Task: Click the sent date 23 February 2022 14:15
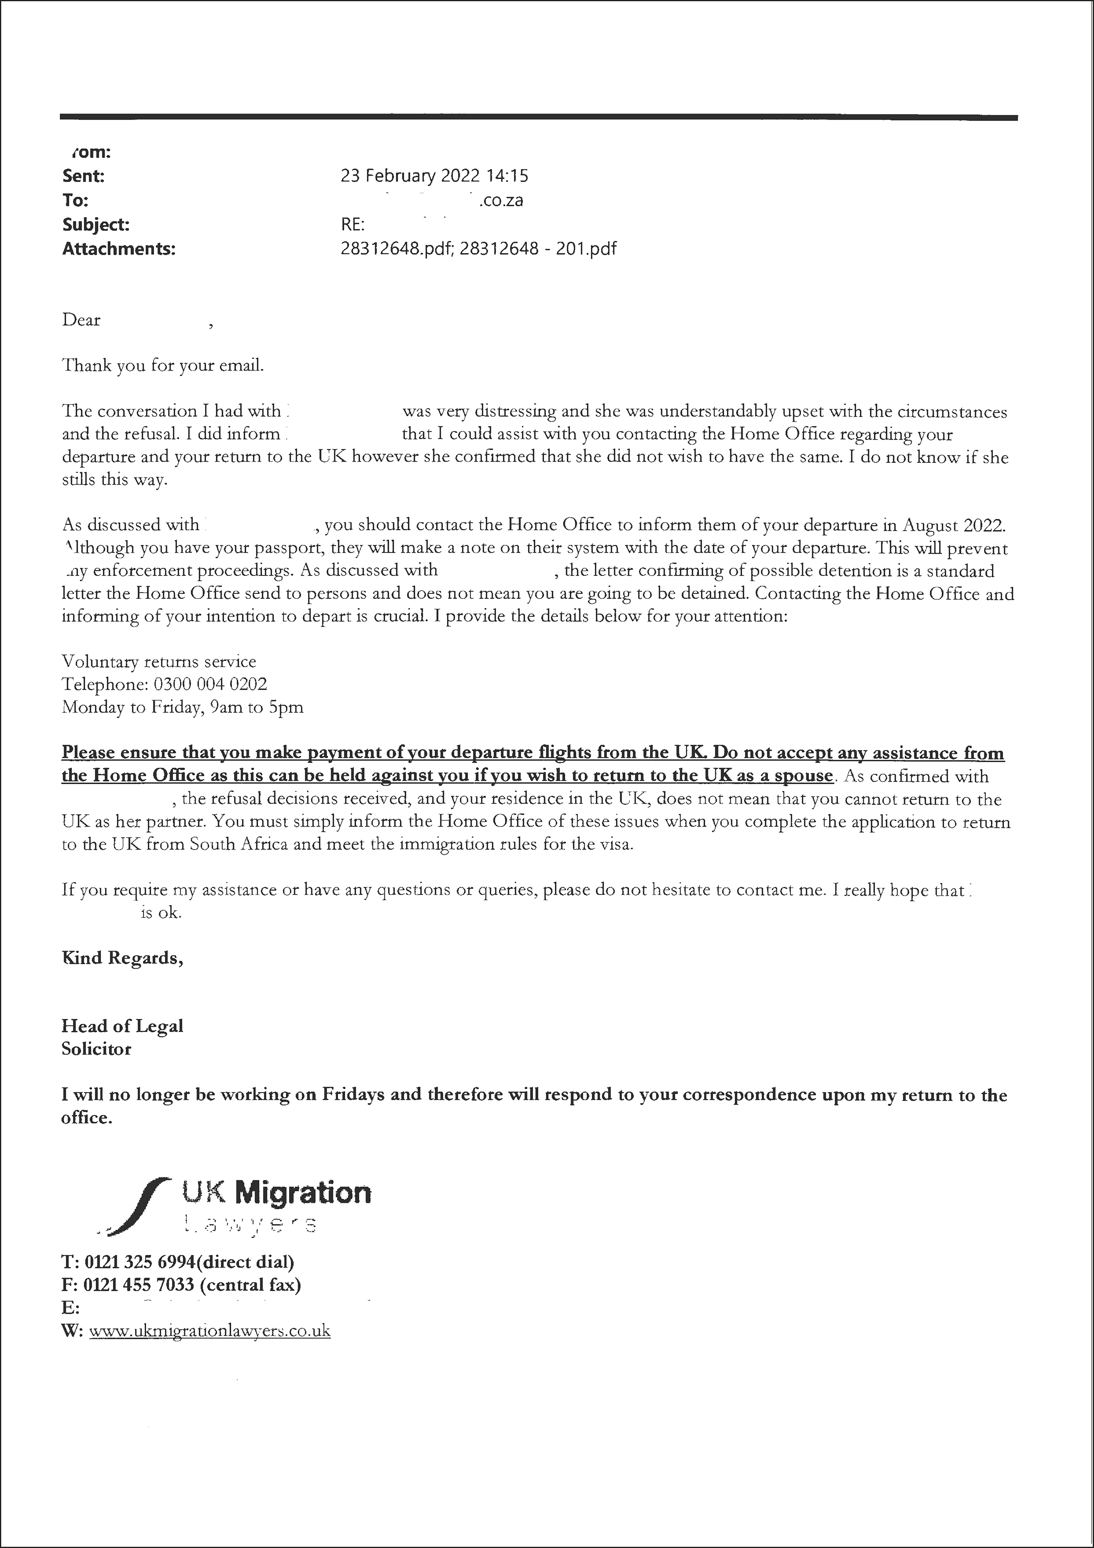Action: pos(434,176)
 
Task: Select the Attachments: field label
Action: pos(119,249)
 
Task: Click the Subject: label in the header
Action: pos(96,225)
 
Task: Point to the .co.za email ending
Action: pos(501,200)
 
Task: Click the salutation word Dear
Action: pos(81,320)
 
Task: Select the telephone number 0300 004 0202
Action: pos(211,684)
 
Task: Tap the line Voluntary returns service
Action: pos(158,661)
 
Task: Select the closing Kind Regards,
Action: pos(122,958)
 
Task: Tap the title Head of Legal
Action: pos(122,1026)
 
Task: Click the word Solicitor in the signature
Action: pos(96,1049)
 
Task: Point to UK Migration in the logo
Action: pos(276,1193)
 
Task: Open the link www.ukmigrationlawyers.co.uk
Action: pos(210,1331)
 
